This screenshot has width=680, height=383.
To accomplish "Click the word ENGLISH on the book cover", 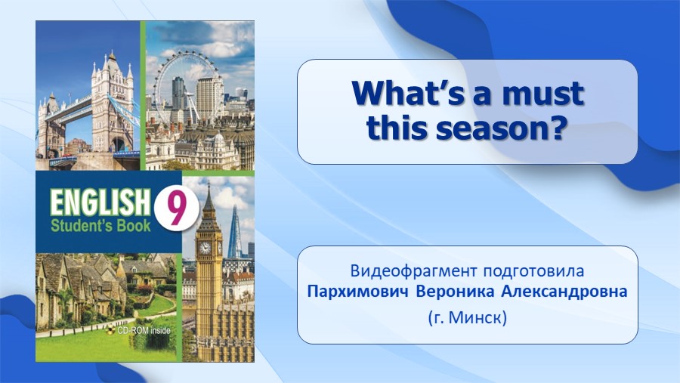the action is (x=97, y=202).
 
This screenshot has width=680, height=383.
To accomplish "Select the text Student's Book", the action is (x=100, y=226).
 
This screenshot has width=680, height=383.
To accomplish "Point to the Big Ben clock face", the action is (x=205, y=248).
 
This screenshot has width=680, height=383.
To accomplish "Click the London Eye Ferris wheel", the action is (x=187, y=87).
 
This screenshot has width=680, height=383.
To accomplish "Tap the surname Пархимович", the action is (x=358, y=292).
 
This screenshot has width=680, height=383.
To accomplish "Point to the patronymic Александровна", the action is (x=564, y=292).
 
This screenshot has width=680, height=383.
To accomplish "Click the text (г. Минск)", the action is (x=467, y=318).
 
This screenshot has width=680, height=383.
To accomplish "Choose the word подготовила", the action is (x=533, y=271).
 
